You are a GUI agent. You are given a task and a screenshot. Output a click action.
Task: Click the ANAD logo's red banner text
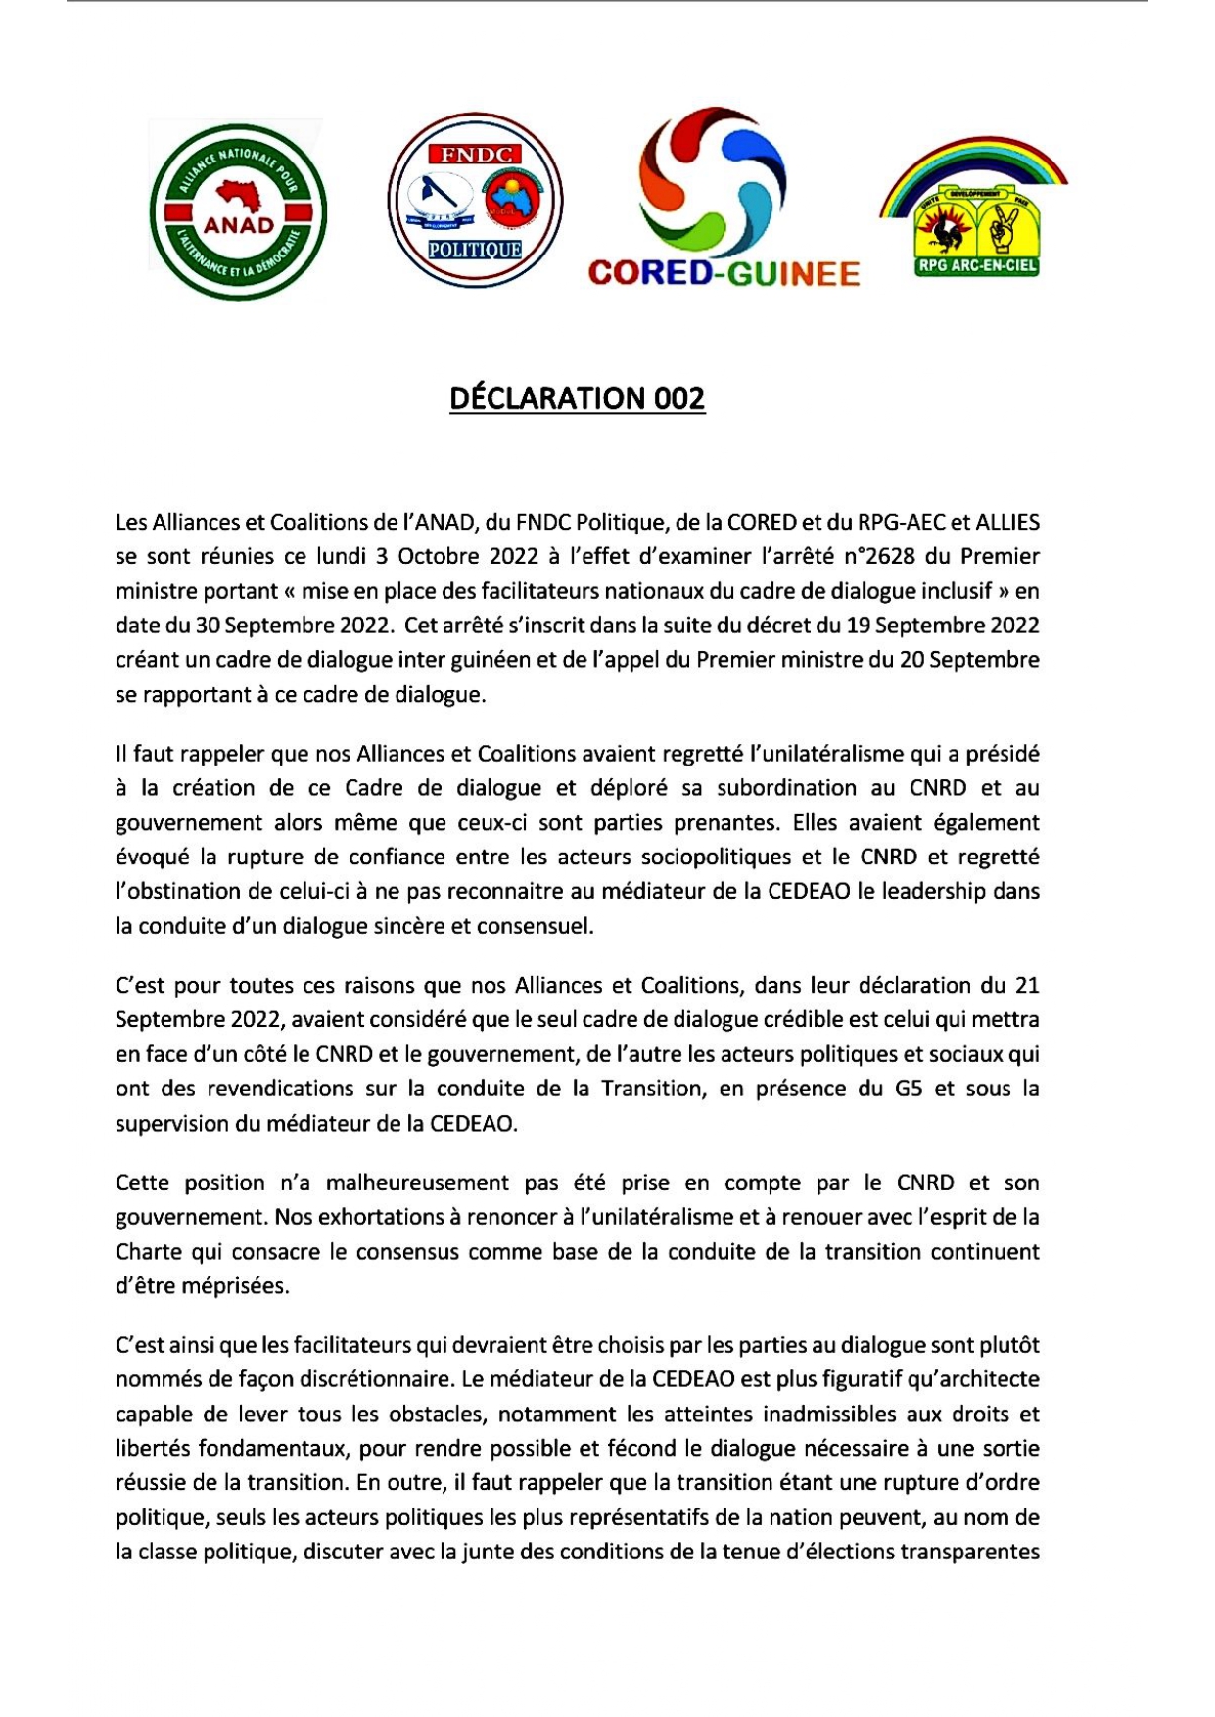pyautogui.click(x=238, y=224)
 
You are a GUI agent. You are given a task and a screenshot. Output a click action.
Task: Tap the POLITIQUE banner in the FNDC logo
pyautogui.click(x=475, y=251)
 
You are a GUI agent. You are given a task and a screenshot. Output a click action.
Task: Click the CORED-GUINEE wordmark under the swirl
pyautogui.click(x=724, y=273)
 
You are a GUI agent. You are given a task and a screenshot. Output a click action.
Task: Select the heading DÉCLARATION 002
pyautogui.click(x=577, y=398)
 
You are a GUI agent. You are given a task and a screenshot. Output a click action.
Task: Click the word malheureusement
pyautogui.click(x=417, y=1182)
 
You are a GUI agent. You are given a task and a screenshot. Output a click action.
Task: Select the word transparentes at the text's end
pyautogui.click(x=969, y=1552)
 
